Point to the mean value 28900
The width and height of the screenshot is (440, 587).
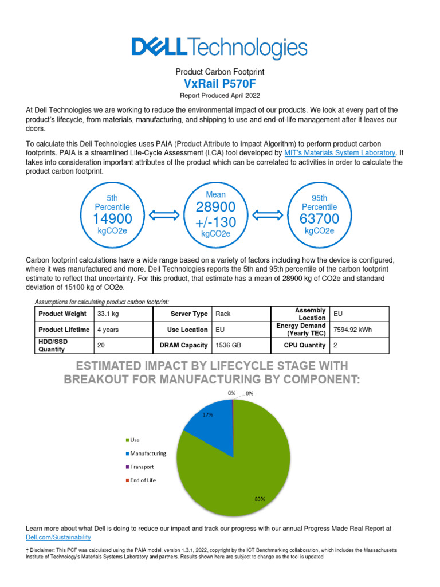click(x=215, y=206)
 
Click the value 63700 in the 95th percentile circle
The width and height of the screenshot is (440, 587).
click(x=319, y=219)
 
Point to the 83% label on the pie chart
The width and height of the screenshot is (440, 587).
click(x=260, y=499)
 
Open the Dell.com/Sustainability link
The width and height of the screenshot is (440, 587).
click(x=58, y=537)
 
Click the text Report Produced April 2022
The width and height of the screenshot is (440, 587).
click(x=219, y=96)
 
